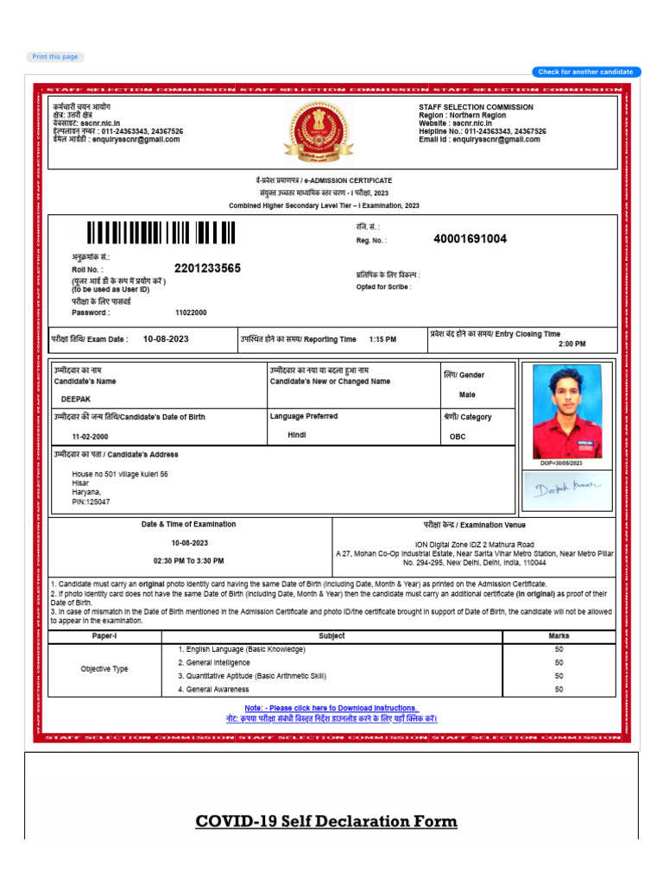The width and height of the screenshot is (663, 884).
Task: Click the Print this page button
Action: point(55,57)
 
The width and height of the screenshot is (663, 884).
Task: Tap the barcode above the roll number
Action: point(161,233)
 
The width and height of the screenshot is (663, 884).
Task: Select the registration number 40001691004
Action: point(470,239)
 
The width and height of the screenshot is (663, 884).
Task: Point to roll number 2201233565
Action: point(207,268)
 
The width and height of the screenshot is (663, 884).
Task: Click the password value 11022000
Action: point(191,313)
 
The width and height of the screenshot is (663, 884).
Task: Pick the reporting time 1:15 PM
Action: point(382,339)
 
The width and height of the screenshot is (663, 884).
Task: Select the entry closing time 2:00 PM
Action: point(571,344)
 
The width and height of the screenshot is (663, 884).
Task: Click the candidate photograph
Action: point(567,412)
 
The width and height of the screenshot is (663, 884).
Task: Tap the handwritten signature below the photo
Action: point(567,489)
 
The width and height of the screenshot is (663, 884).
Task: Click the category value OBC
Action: point(458,437)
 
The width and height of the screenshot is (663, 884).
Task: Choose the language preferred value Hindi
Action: point(297,435)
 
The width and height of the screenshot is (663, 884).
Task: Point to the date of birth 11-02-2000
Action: point(90,437)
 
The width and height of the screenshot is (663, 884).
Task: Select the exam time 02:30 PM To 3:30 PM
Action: point(188,560)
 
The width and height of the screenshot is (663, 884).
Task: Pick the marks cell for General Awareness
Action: point(559,689)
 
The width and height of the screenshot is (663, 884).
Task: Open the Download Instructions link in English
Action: point(331,708)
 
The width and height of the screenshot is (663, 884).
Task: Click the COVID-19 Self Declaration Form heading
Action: point(326,821)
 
